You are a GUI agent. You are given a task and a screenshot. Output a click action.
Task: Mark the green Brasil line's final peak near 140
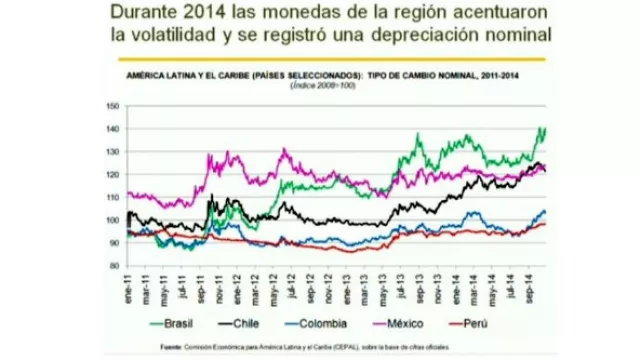(541, 128)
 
